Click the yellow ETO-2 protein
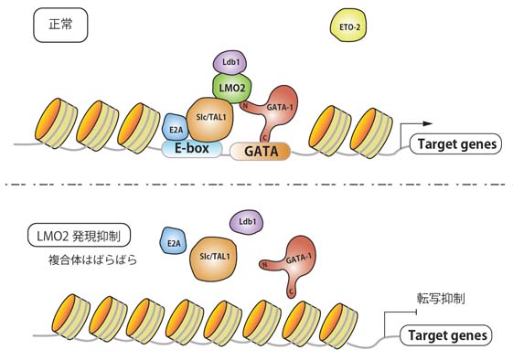tap(347, 26)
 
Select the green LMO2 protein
tap(231, 88)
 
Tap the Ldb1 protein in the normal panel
tap(230, 62)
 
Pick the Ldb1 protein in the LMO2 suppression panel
tap(247, 222)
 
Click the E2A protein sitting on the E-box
tap(176, 128)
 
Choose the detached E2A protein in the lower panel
tap(173, 242)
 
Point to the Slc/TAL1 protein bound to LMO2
tap(210, 119)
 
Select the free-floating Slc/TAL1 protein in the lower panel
tap(214, 258)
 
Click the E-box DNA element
tap(192, 149)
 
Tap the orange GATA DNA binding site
tap(261, 152)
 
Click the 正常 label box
tap(60, 26)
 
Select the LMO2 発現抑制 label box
tap(79, 236)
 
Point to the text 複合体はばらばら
tap(92, 260)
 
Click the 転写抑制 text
tap(441, 299)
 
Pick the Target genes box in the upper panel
tap(455, 143)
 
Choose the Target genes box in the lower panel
tap(446, 335)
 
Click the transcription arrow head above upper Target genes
tap(428, 123)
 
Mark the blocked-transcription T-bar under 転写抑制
tap(416, 312)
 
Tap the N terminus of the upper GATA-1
tap(245, 105)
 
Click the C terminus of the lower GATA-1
tap(291, 292)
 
